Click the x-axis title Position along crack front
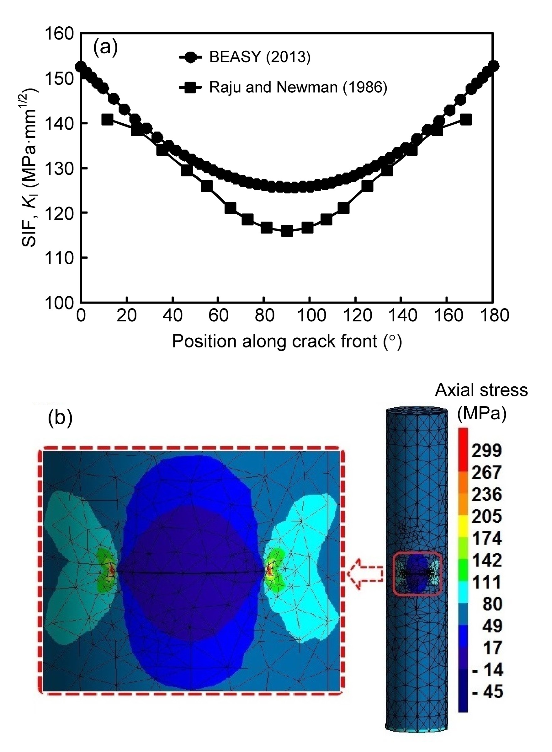[287, 341]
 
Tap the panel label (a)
[105, 47]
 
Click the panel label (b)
[60, 418]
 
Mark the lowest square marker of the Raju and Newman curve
[287, 231]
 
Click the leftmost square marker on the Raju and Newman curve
[107, 119]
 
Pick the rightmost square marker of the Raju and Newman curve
[466, 119]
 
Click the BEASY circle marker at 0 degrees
[81, 66]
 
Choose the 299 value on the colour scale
[486, 451]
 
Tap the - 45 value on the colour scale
[487, 691]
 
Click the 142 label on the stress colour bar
[486, 560]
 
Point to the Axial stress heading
[481, 390]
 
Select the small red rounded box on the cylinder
[417, 574]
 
